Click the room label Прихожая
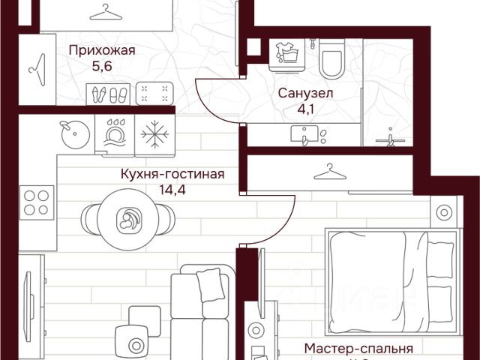coord(101,51)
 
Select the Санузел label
coord(305,94)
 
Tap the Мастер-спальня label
coord(359,349)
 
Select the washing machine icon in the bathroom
coord(284,54)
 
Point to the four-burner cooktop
coord(36,202)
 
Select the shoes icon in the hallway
coord(109,94)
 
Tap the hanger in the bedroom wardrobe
coord(327,172)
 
